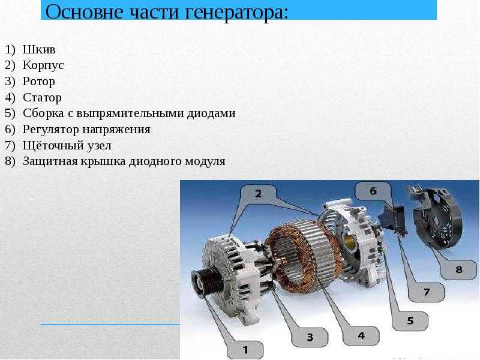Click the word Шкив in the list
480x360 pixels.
tap(39, 50)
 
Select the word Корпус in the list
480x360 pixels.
tap(43, 65)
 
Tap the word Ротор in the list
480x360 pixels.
tap(39, 82)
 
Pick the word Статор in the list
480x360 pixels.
tap(42, 98)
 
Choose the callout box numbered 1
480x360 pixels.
tap(245, 349)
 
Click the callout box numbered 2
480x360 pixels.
tap(258, 193)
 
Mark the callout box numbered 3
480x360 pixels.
tap(310, 337)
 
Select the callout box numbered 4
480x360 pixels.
tap(361, 335)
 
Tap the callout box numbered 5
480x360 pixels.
tap(410, 320)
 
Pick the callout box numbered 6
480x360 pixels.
tap(373, 191)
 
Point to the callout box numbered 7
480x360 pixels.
tap(427, 292)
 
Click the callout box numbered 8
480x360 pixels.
tap(458, 269)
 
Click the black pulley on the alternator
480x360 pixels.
tap(206, 281)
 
